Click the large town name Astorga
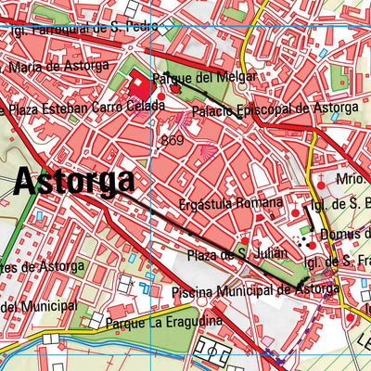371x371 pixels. (73, 182)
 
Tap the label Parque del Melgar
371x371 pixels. (191, 78)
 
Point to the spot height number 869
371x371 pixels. (172, 140)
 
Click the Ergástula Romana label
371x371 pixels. (232, 203)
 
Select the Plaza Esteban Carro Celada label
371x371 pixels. (93, 108)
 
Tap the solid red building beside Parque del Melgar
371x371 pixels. (141, 89)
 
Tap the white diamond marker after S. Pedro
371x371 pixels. (163, 29)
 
